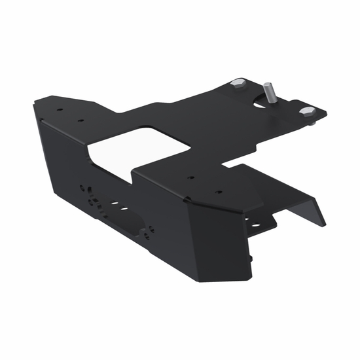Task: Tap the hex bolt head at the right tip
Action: [305, 112]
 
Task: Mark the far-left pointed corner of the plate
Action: [35, 101]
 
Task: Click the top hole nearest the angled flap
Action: [218, 192]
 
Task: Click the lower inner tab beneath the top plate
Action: [262, 226]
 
